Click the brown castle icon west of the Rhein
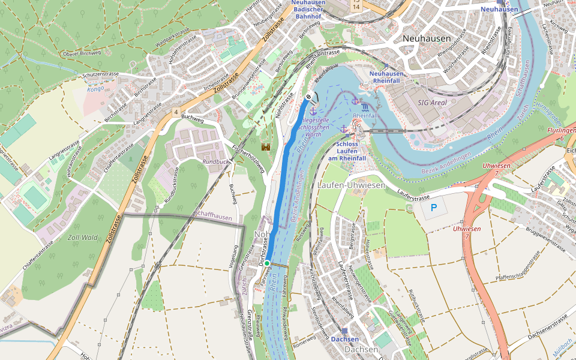click(x=265, y=146)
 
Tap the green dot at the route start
click(x=267, y=263)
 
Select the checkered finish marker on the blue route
click(x=308, y=97)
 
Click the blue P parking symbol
click(x=434, y=209)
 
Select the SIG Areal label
click(x=432, y=103)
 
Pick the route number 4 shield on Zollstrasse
click(x=176, y=112)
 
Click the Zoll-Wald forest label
click(x=83, y=238)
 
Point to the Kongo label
click(x=95, y=89)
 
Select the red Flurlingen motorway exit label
click(x=561, y=134)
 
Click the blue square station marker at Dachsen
click(x=344, y=331)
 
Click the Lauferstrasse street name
click(x=413, y=196)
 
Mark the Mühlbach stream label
click(x=564, y=349)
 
